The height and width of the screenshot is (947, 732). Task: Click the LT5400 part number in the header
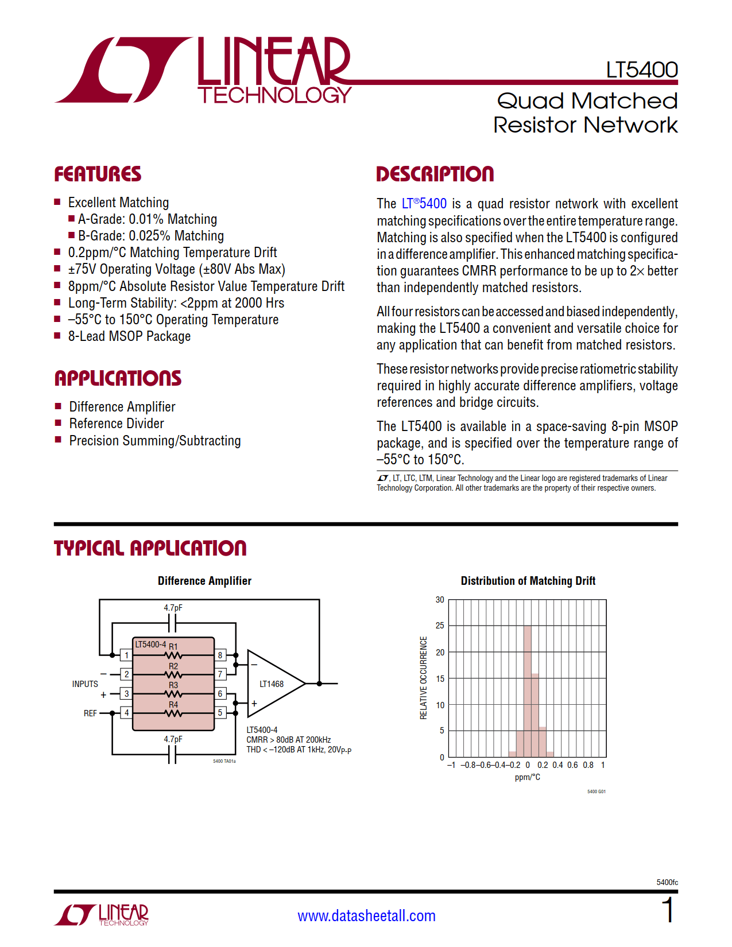pyautogui.click(x=641, y=70)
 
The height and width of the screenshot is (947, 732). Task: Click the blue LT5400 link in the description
pyautogui.click(x=424, y=204)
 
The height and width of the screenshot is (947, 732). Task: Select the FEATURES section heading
pyautogui.click(x=98, y=174)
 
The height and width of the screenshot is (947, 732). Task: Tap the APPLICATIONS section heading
pyautogui.click(x=118, y=378)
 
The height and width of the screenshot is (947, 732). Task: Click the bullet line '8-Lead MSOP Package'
pyautogui.click(x=129, y=336)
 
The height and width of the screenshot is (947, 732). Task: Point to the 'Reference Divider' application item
pyautogui.click(x=117, y=424)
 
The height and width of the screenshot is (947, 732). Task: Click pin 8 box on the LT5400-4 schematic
pyautogui.click(x=220, y=655)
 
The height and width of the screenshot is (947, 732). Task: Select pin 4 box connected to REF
pyautogui.click(x=126, y=713)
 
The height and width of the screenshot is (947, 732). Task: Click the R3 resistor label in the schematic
pyautogui.click(x=173, y=685)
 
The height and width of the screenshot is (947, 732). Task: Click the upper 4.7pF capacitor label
pyautogui.click(x=173, y=608)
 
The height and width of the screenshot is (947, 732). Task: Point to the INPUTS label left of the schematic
pyautogui.click(x=85, y=684)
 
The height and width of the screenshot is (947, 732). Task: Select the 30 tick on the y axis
pyautogui.click(x=440, y=600)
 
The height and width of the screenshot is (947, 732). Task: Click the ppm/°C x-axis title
pyautogui.click(x=527, y=777)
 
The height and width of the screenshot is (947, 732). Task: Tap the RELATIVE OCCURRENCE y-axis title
pyautogui.click(x=424, y=678)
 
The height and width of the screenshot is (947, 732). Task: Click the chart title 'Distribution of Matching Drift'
pyautogui.click(x=528, y=581)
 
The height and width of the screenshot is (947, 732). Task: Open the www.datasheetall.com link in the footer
pyautogui.click(x=366, y=915)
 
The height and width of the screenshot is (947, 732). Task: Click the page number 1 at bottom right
pyautogui.click(x=668, y=911)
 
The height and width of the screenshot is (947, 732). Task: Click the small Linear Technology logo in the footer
pyautogui.click(x=102, y=914)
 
